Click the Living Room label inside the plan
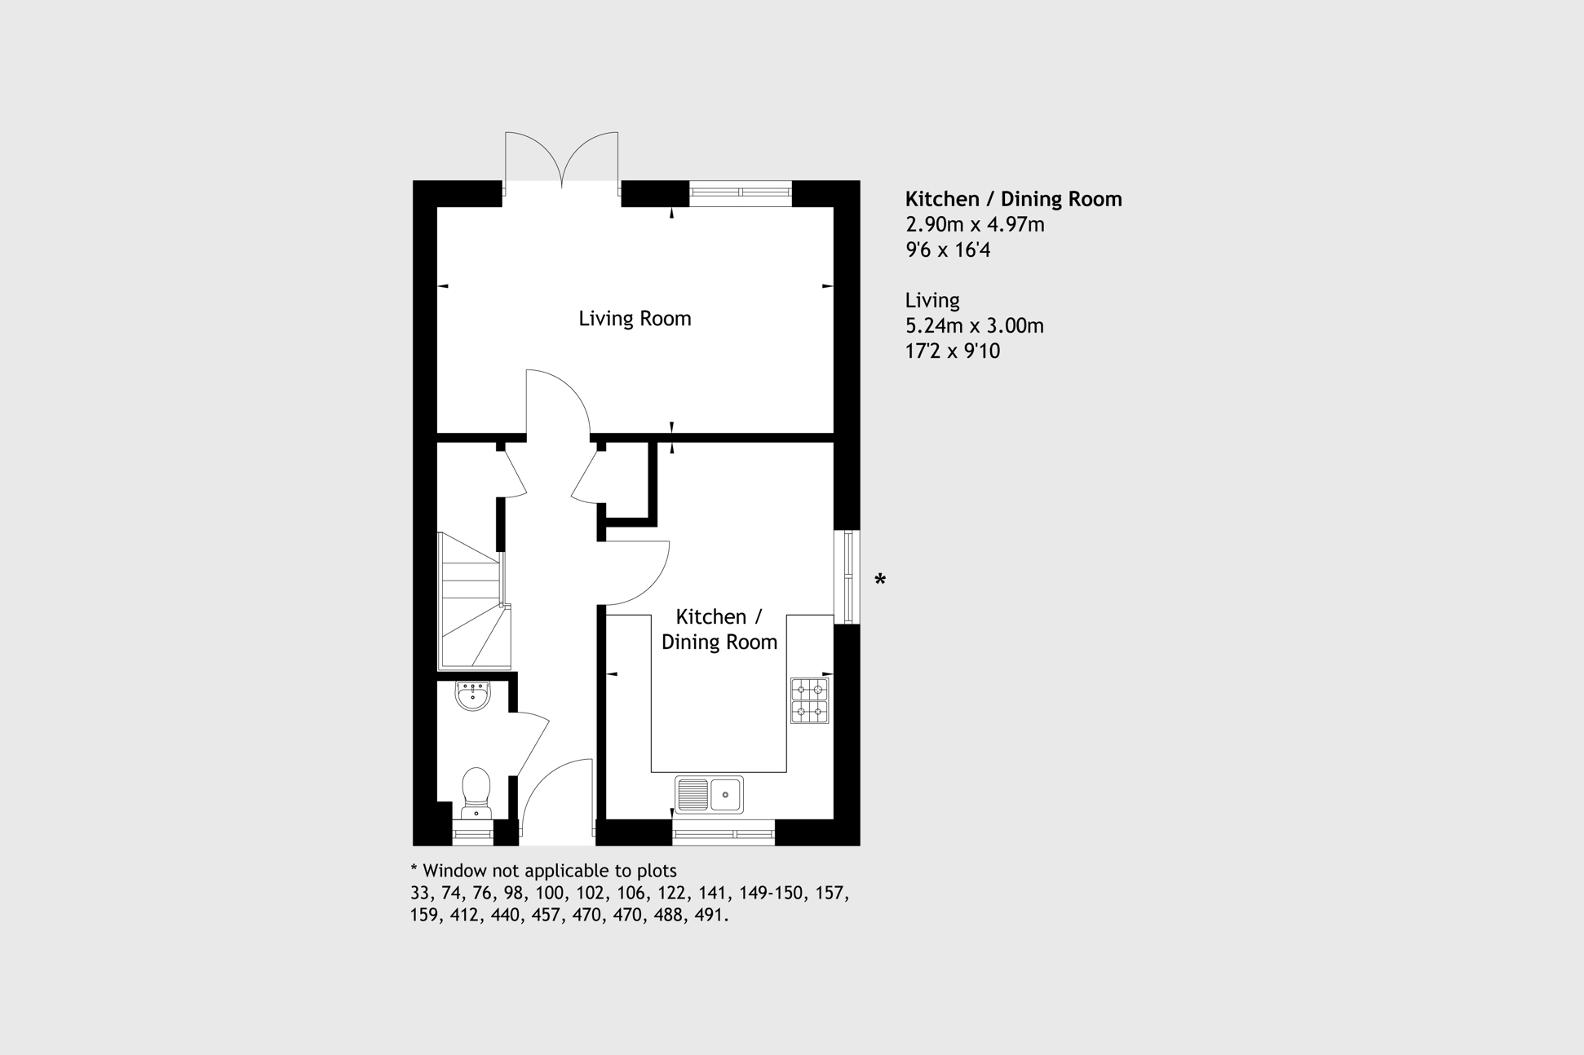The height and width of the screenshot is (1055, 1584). point(635,319)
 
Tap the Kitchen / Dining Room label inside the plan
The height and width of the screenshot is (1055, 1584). point(719,629)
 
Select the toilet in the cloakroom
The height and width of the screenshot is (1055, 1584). point(476,792)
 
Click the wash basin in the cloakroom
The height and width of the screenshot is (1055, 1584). point(473,695)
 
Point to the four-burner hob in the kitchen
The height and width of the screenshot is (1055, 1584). point(809,700)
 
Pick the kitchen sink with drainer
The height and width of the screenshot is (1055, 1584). point(709,795)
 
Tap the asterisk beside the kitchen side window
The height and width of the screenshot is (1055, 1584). point(880,579)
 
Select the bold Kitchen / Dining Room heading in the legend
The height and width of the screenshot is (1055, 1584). point(1014,199)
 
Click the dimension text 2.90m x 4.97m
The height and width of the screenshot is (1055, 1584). point(975,224)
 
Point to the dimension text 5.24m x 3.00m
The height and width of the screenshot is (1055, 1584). point(975,325)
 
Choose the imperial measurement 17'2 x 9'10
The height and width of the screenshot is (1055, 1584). point(953,351)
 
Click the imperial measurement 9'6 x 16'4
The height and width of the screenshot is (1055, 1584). point(948,249)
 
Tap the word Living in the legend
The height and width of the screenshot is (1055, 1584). point(932,301)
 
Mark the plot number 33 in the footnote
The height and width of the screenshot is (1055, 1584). point(420,894)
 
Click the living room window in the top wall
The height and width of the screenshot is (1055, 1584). point(741,193)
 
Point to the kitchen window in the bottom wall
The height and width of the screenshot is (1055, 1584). point(723,833)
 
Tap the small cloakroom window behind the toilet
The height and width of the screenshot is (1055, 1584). point(473,833)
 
